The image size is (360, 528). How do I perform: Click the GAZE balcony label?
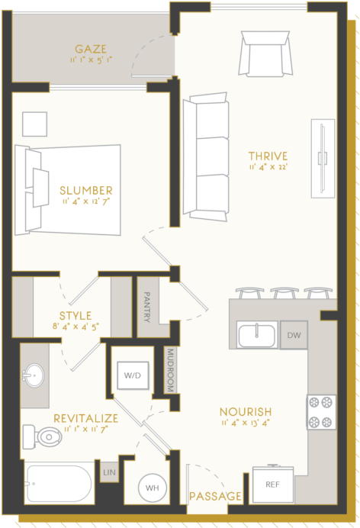91,50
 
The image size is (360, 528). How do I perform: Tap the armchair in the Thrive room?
265,53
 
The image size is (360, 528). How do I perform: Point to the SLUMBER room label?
86,190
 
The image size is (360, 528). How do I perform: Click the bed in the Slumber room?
72,188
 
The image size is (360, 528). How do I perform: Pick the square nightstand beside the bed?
34,124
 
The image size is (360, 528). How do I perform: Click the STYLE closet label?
76,315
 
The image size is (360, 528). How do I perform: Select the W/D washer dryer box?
132,375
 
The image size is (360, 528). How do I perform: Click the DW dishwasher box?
294,335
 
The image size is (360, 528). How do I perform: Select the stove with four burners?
321,412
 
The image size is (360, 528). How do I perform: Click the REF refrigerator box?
272,484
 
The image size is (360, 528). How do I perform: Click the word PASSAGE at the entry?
215,497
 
